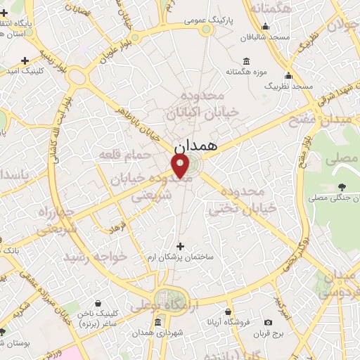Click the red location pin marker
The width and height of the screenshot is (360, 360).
point(181,166)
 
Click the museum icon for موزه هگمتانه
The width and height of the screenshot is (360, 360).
point(245,59)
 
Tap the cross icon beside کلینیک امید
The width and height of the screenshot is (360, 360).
point(25,60)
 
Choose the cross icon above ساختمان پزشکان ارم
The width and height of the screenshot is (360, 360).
point(181,246)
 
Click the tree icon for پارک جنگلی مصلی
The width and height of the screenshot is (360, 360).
point(342,186)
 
